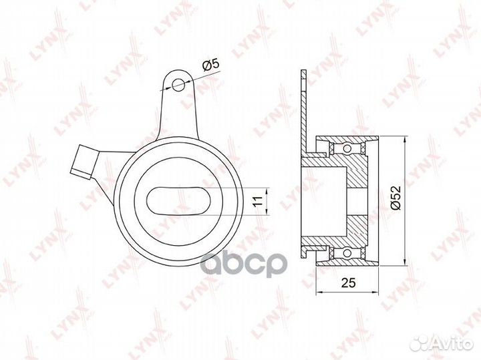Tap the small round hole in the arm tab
click(x=178, y=85)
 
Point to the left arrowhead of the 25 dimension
click(x=319, y=291)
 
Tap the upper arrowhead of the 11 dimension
click(x=266, y=189)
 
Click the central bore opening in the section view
click(x=357, y=200)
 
